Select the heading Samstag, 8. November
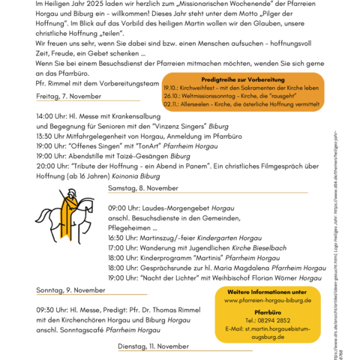[143, 187]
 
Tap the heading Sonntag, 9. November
[70, 289]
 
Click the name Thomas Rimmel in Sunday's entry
[180, 309]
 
